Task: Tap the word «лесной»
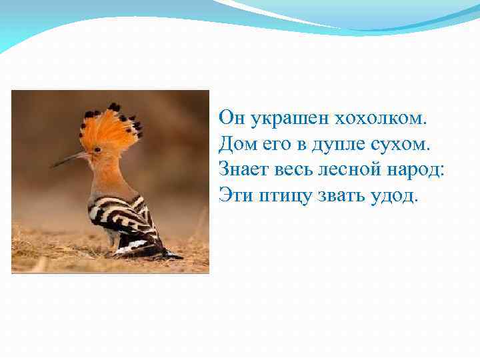coord(351,169)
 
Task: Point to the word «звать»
coord(337,195)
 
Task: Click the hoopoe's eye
coord(97,150)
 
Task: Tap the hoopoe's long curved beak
coord(70,159)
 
